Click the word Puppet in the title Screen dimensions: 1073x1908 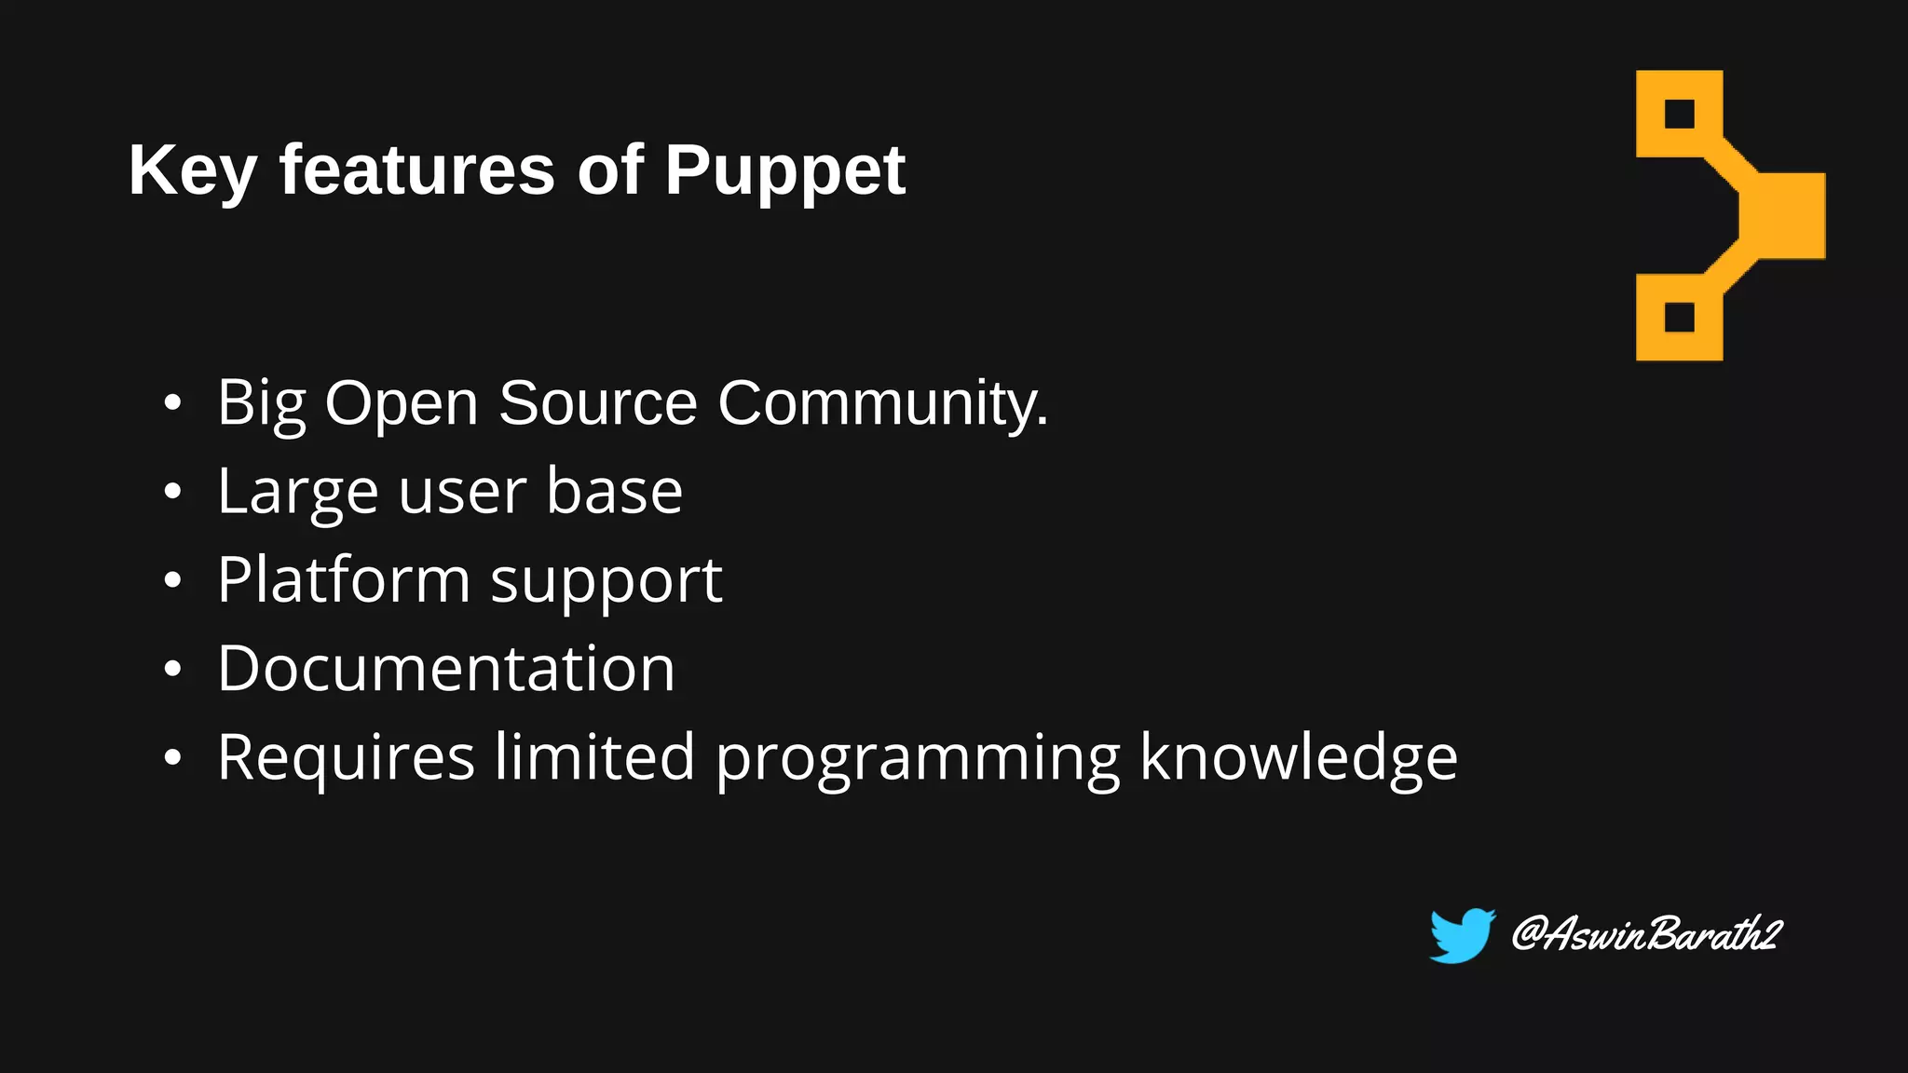[784, 171]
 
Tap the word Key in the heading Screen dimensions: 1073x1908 [192, 171]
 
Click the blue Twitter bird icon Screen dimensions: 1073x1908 [1461, 935]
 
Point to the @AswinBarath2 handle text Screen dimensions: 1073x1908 [1645, 933]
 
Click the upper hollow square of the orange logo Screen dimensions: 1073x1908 [1679, 114]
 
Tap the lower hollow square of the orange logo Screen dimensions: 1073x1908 [1679, 317]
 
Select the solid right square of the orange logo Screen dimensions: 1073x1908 [1784, 215]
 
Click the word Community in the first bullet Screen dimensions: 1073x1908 [881, 404]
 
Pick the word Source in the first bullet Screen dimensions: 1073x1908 [597, 403]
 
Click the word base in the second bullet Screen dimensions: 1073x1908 [614, 491]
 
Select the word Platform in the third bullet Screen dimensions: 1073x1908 [344, 579]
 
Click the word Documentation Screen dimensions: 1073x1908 [445, 669]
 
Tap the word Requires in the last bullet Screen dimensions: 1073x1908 [346, 758]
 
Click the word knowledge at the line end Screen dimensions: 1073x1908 [1299, 757]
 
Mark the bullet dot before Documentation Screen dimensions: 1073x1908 [172, 670]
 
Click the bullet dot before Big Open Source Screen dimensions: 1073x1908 [172, 403]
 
